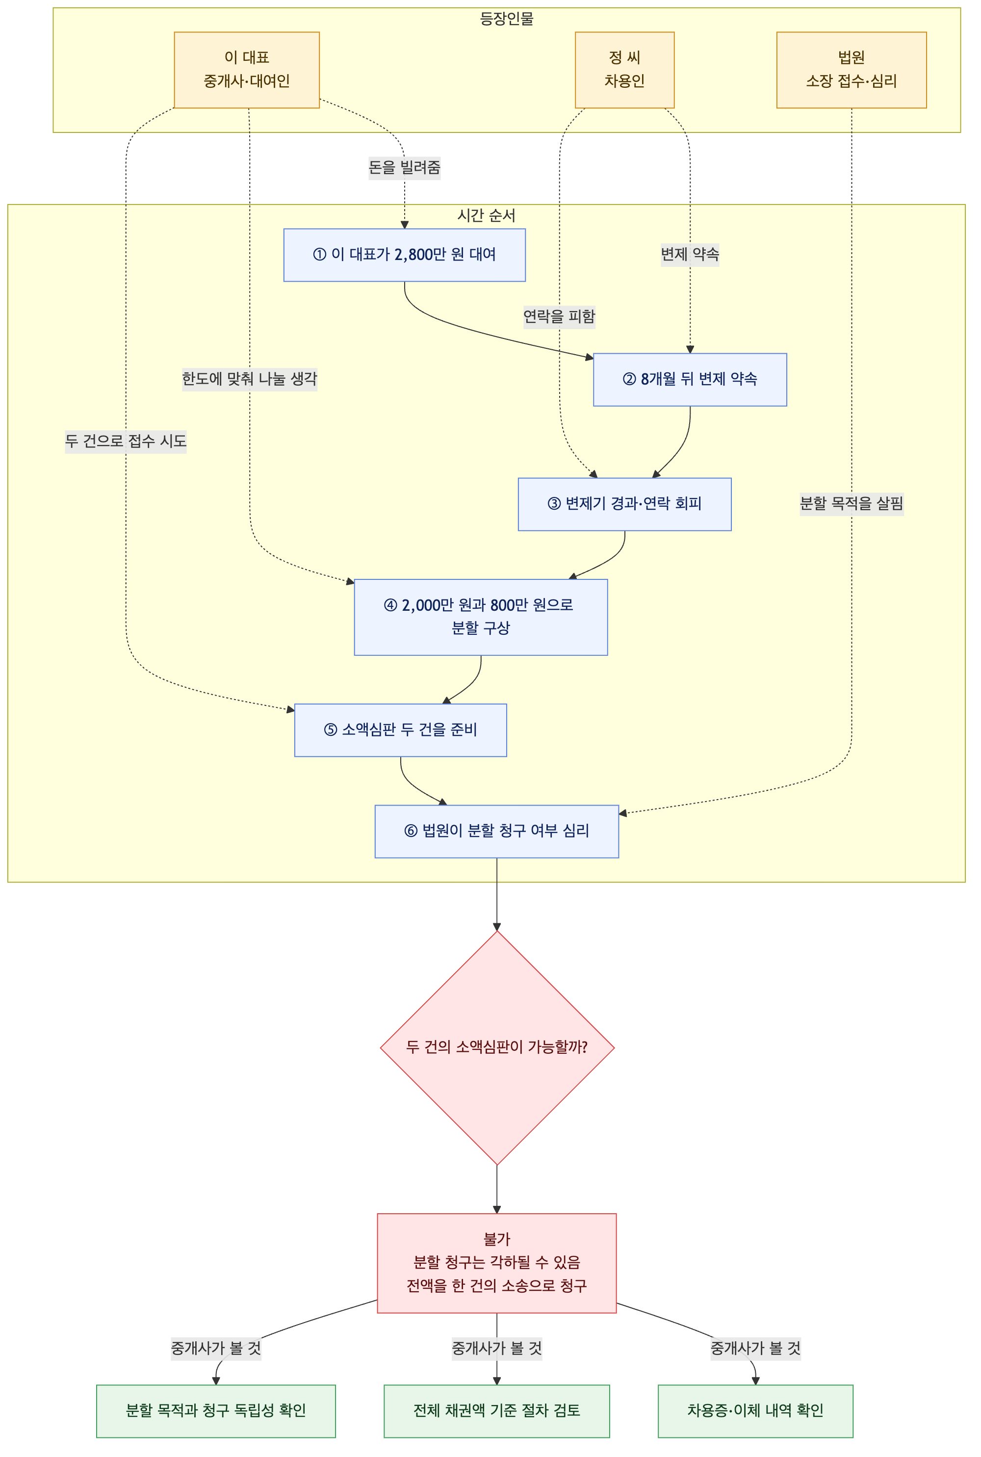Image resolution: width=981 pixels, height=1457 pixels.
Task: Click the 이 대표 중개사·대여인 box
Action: coord(247,70)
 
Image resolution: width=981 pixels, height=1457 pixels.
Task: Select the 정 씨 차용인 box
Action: coord(624,70)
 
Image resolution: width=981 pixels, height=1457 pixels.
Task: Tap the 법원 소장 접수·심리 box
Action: coord(851,70)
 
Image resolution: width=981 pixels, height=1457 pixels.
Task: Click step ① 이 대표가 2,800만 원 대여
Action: coord(404,255)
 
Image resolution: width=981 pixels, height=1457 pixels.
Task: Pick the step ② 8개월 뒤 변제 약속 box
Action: coord(690,380)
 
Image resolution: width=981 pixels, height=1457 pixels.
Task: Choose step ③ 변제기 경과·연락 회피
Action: coord(624,504)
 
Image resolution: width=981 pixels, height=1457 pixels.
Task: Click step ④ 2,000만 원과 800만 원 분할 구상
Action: coord(481,617)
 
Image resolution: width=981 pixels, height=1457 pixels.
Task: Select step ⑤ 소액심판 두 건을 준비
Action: coord(400,730)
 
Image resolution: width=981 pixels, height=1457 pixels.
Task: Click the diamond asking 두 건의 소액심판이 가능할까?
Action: coord(497,1047)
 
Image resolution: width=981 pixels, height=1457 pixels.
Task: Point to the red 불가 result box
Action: coord(497,1263)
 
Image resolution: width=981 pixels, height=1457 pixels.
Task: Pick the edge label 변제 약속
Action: coord(690,255)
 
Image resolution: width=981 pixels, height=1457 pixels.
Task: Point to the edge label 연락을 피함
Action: coord(559,316)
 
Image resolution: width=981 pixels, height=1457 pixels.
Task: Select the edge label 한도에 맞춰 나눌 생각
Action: coord(250,379)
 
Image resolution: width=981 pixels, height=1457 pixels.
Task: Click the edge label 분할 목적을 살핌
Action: coord(851,504)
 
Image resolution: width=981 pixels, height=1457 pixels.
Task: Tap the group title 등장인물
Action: coord(507,19)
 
